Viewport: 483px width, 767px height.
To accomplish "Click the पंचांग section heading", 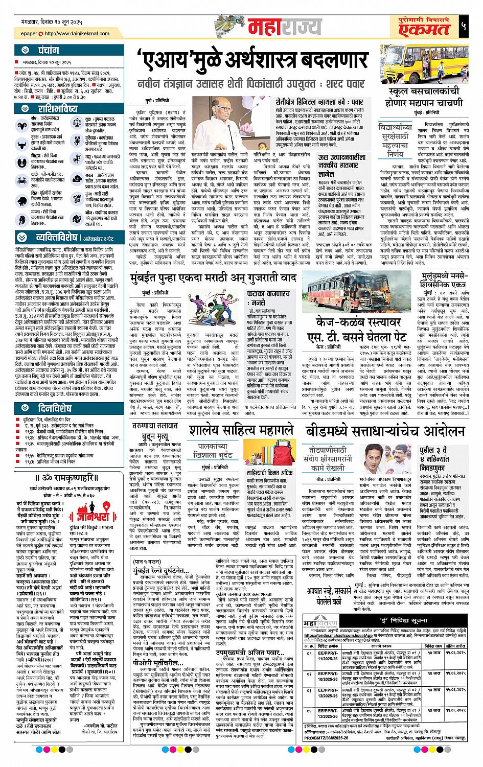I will pos(49,51).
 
